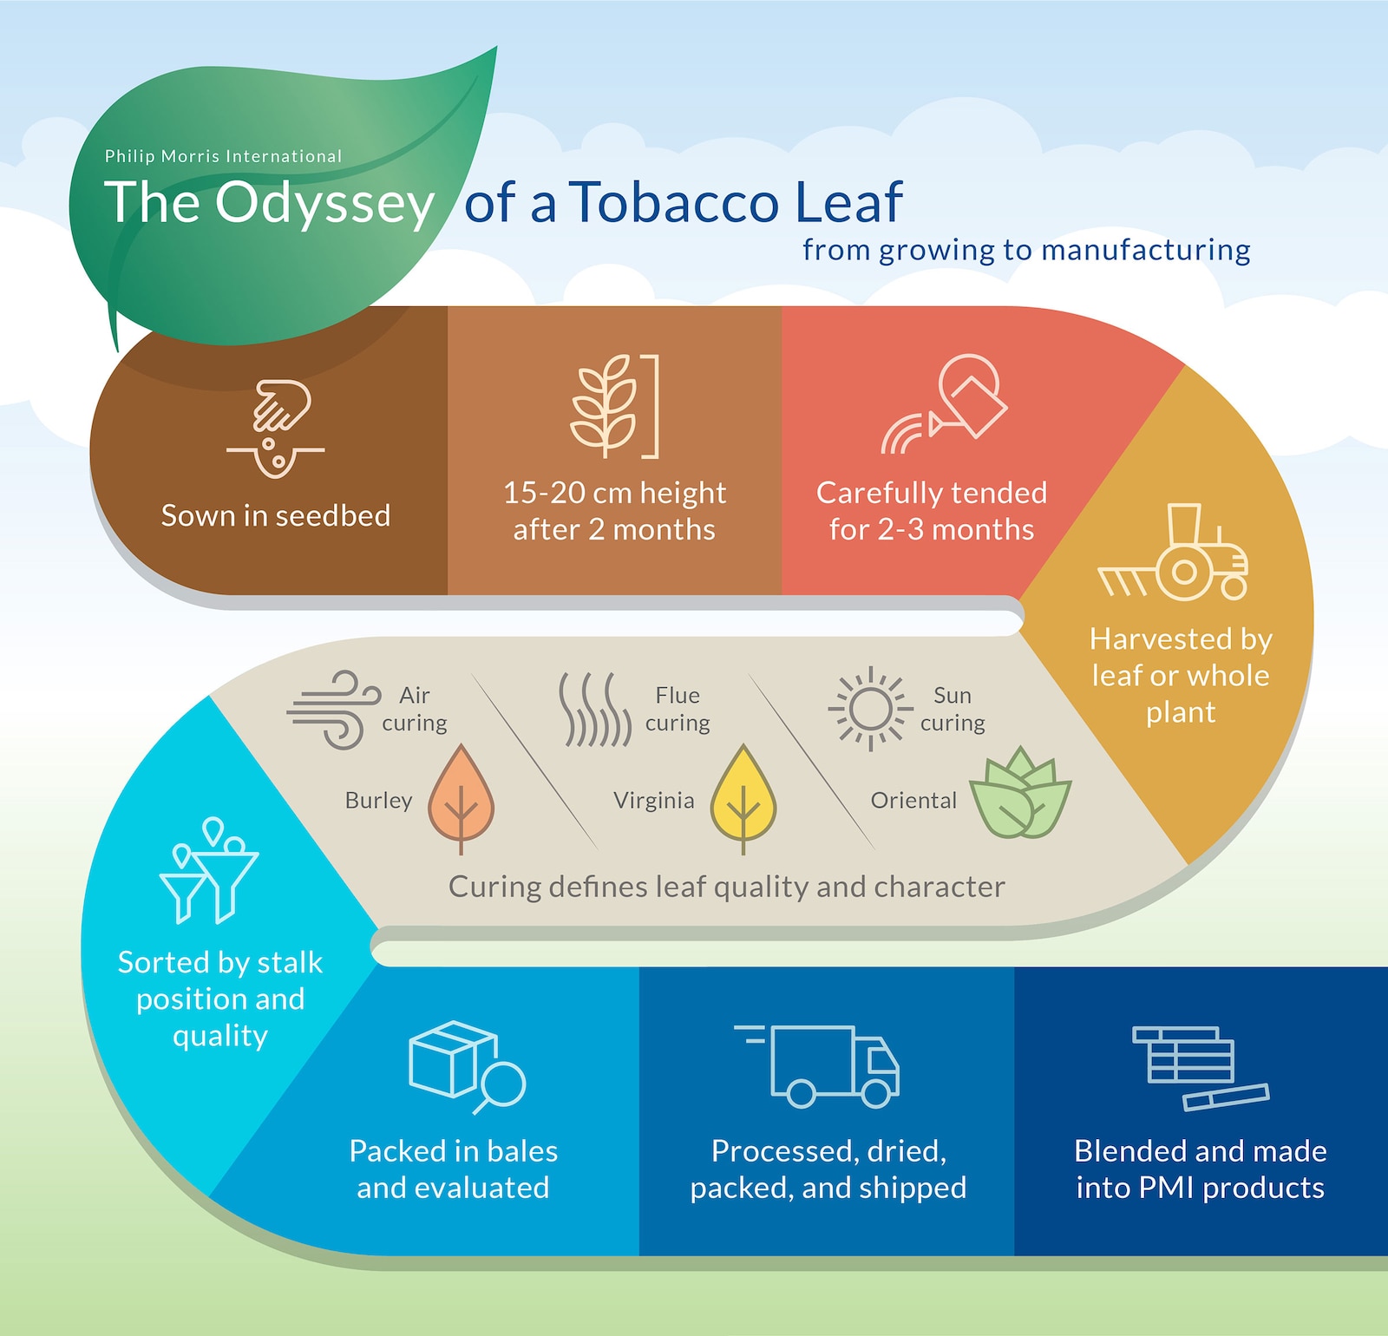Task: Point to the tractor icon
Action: [x=1173, y=553]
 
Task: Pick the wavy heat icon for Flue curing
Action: [x=595, y=710]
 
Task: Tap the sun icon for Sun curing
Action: [x=870, y=709]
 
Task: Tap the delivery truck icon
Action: [x=818, y=1066]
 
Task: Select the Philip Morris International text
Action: [x=223, y=156]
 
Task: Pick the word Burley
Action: [x=378, y=800]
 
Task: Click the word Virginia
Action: [x=654, y=800]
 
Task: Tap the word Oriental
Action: [x=913, y=800]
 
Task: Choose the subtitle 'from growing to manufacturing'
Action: [x=1026, y=250]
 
